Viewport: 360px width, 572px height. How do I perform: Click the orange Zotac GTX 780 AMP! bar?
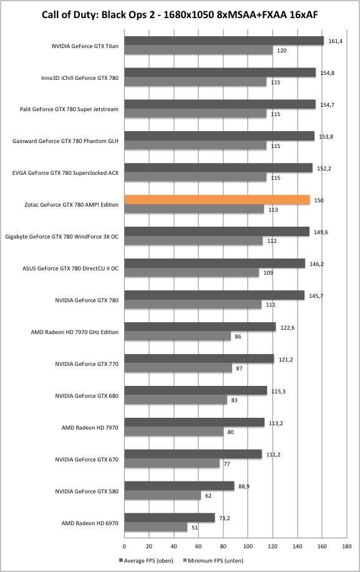click(217, 200)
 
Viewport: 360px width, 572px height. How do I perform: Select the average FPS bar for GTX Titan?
click(224, 41)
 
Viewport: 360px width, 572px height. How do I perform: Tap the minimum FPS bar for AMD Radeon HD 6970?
click(156, 527)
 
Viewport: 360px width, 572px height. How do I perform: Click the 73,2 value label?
click(225, 518)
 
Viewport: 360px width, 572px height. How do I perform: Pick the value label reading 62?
click(208, 496)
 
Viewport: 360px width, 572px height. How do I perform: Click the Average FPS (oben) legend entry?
click(146, 560)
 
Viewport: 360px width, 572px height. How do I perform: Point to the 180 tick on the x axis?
click(346, 546)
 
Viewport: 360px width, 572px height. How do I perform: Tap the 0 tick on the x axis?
click(124, 546)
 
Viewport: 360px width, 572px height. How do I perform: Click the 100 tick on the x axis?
click(248, 546)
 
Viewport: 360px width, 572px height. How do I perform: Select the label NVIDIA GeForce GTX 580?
click(87, 491)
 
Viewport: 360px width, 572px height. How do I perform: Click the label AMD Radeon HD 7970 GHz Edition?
click(75, 332)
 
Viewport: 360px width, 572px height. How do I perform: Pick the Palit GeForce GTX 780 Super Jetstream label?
click(69, 109)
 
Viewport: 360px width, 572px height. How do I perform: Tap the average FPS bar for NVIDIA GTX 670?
click(193, 454)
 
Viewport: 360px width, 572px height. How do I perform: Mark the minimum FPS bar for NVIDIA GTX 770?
click(178, 368)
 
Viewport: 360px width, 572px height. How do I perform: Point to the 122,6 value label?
click(288, 328)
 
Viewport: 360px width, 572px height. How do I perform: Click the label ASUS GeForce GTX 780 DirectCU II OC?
click(71, 268)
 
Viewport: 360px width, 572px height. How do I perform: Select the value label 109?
click(268, 272)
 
